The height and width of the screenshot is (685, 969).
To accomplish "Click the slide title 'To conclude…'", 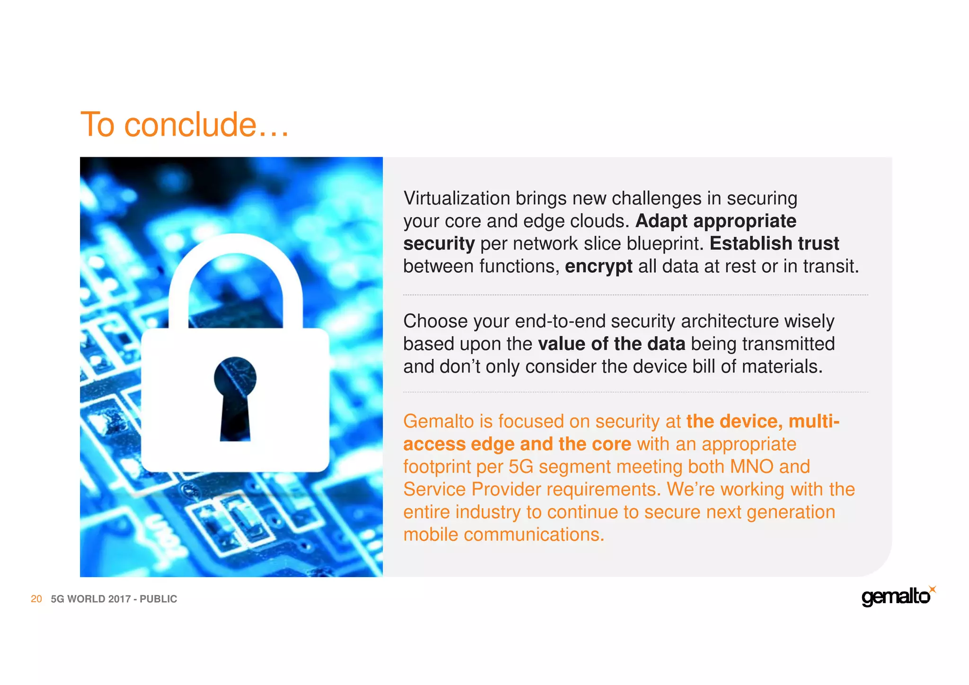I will point(185,125).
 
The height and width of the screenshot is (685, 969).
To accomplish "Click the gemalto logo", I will point(896,597).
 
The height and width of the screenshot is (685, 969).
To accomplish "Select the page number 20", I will point(36,599).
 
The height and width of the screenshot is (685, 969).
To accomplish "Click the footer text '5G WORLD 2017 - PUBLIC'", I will point(114,599).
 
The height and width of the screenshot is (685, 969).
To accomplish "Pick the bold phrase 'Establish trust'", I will point(774,243).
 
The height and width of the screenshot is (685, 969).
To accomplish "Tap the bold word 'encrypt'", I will point(598,266).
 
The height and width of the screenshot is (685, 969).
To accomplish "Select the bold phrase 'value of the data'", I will point(611,344).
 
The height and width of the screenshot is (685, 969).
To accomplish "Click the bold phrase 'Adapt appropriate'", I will point(715,221).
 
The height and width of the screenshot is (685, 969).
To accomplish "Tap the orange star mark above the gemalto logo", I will point(932,589).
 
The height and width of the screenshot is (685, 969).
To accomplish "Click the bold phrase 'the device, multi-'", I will point(763,421).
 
